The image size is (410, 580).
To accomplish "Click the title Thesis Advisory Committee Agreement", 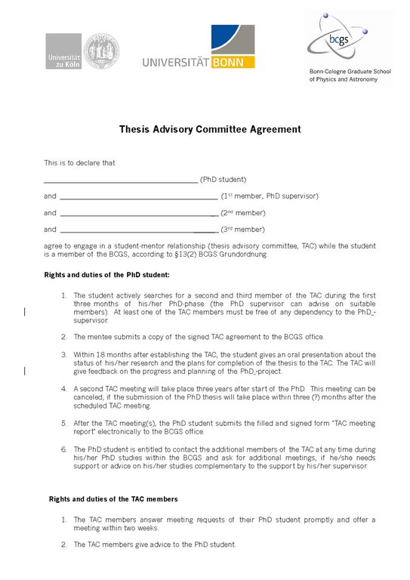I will point(210,129).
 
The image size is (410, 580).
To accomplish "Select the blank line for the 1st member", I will point(138,197).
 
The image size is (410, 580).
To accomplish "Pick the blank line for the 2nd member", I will point(138,214).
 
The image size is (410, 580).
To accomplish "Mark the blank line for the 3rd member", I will point(138,230).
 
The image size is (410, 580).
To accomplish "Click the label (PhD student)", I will point(223,180).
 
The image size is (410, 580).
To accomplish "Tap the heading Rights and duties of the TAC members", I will point(113,499).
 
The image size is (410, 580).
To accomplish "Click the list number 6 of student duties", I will point(64,449).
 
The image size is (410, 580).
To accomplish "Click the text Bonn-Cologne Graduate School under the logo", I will point(347,70).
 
